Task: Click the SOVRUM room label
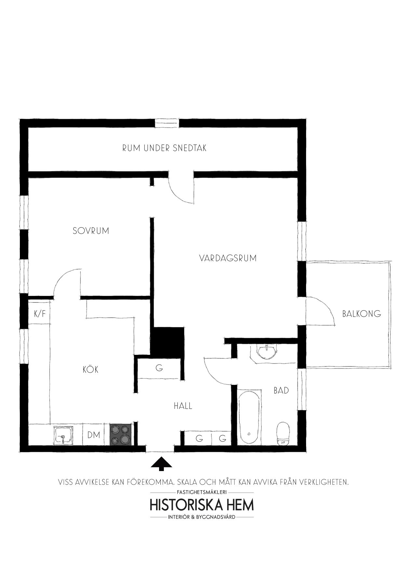point(91,231)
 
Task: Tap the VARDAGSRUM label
point(228,258)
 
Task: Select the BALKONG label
point(361,314)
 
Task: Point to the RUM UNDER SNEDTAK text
point(164,148)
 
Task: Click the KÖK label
point(90,369)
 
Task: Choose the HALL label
point(183,406)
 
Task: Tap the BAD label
point(281,390)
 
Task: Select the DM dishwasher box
point(94,435)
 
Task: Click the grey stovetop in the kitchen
point(120,435)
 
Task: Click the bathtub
point(249,417)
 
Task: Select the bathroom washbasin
point(266,352)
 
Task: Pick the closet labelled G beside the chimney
point(159,368)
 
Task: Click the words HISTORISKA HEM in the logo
point(202,505)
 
